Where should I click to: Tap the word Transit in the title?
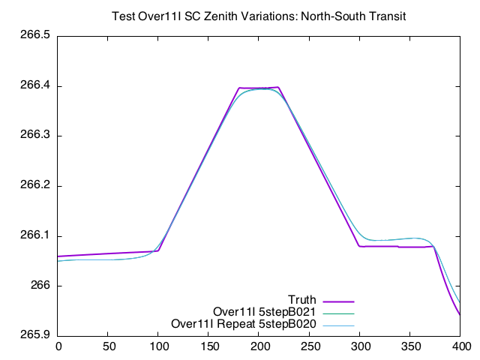tap(386, 16)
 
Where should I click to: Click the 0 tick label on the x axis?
tap(58, 346)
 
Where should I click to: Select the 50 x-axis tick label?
tap(109, 346)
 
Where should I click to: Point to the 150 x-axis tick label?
tap(209, 346)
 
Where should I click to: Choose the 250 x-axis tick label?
tap(310, 346)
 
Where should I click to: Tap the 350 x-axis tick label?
tap(411, 346)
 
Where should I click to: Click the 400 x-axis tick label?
tap(461, 346)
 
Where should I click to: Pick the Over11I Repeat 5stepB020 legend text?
tap(244, 324)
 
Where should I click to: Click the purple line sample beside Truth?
tap(337, 301)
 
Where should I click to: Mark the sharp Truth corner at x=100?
tap(159, 250)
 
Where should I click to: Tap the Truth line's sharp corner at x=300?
tap(360, 246)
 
